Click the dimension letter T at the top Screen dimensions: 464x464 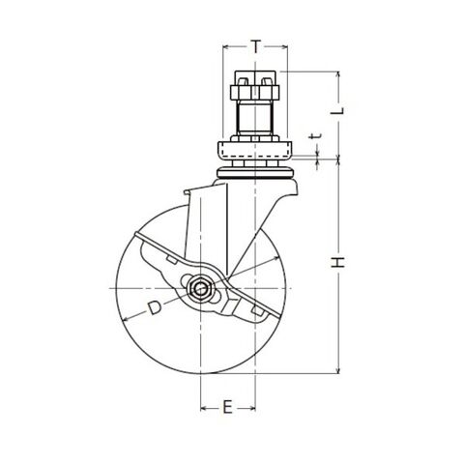point(255,47)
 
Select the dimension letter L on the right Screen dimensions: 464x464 point(337,111)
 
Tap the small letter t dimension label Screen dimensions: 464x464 point(315,136)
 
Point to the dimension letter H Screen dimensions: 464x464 point(337,263)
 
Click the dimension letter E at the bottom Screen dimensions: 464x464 point(227,407)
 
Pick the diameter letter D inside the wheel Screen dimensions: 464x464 point(155,308)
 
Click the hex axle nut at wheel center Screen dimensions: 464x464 point(199,288)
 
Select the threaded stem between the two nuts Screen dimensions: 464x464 point(254,117)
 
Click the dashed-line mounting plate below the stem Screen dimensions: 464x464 point(254,151)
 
